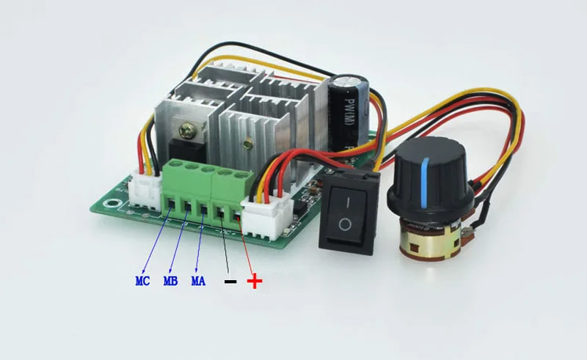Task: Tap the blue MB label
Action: coord(170,281)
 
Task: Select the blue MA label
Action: coord(198,281)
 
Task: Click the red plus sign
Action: coord(254,281)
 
